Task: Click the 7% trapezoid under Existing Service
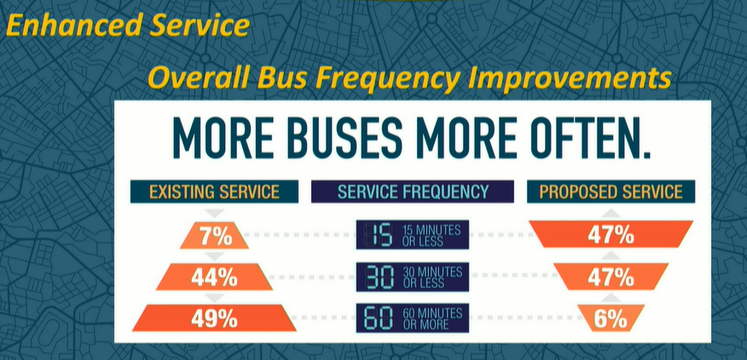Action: (x=214, y=235)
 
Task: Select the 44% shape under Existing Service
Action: (x=214, y=277)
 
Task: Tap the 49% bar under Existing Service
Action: (x=214, y=318)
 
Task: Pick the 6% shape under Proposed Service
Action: (x=611, y=318)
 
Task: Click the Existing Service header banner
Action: (x=214, y=192)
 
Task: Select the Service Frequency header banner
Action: (x=413, y=192)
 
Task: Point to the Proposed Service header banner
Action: (x=611, y=192)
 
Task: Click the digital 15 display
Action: (x=379, y=235)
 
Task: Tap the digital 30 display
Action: (x=379, y=276)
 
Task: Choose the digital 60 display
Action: (x=379, y=318)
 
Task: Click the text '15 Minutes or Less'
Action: (x=431, y=235)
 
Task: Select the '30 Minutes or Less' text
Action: (x=432, y=277)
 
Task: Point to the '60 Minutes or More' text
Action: (x=432, y=319)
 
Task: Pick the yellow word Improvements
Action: (x=569, y=79)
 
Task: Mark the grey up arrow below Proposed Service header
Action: (x=611, y=213)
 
